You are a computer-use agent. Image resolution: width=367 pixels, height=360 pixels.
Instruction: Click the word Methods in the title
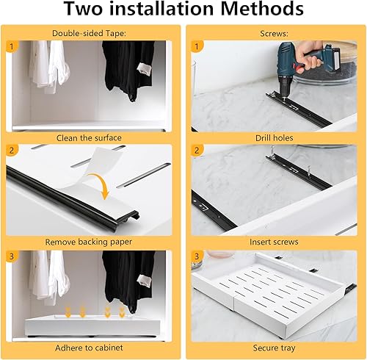pos(262,9)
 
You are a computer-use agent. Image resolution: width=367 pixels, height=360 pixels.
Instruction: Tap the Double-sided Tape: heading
pos(89,33)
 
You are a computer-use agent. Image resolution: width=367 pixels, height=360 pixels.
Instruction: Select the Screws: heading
pos(274,33)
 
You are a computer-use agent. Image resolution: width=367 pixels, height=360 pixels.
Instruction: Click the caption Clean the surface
pos(89,138)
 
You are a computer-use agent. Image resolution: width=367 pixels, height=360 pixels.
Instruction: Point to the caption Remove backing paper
pos(89,242)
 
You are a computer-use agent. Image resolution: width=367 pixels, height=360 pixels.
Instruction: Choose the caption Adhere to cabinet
pos(89,348)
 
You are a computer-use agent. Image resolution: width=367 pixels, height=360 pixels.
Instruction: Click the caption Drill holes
pos(274,138)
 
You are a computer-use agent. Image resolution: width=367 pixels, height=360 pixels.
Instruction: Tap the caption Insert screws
pos(274,242)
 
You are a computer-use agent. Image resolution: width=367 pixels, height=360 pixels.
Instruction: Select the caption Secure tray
pos(274,348)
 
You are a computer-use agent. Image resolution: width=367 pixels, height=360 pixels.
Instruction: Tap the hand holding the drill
pos(310,54)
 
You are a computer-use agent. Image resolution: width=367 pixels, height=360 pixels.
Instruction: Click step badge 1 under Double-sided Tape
pos(12,46)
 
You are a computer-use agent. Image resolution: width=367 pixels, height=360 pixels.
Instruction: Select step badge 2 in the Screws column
pos(197,150)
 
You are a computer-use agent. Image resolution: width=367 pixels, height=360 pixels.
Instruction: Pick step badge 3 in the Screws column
pos(197,256)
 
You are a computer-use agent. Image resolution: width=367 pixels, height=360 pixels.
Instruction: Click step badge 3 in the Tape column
pos(12,256)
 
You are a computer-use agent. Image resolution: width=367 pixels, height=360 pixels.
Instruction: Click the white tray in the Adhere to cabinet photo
pos(92,325)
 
